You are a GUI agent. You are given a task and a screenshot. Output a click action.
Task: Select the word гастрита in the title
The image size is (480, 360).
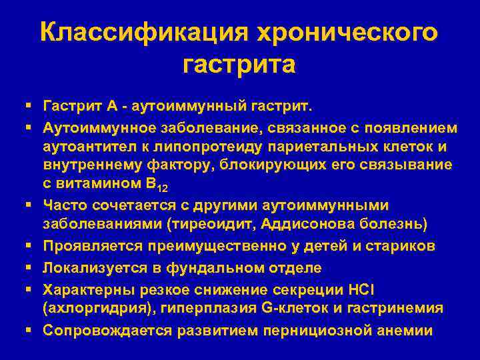(x=239, y=65)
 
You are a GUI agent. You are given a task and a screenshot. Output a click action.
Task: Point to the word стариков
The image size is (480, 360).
(x=399, y=246)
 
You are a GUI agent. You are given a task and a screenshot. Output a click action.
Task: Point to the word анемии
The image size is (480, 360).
(x=409, y=331)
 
